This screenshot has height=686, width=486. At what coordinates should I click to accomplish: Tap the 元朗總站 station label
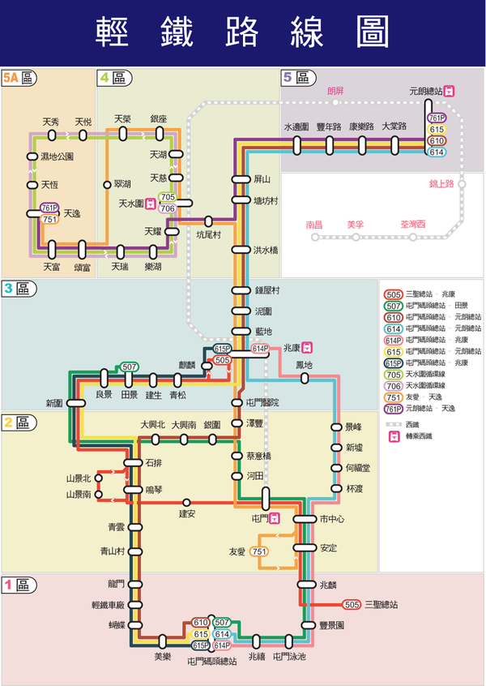tap(426, 92)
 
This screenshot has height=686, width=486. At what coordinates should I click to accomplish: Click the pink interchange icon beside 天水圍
tap(151, 204)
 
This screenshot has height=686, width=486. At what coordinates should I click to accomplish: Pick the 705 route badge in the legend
tap(394, 375)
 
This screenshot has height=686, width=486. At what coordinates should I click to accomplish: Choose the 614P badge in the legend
tap(394, 340)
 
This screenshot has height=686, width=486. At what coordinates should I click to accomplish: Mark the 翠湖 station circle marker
tap(106, 185)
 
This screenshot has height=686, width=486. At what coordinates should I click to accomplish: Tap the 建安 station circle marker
tap(186, 503)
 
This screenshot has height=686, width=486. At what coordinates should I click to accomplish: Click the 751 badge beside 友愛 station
tap(259, 551)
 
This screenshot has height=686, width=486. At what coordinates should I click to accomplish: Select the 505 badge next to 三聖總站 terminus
tap(352, 605)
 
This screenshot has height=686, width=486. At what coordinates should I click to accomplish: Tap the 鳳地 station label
tap(304, 366)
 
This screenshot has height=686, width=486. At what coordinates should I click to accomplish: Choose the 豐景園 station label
tap(332, 626)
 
